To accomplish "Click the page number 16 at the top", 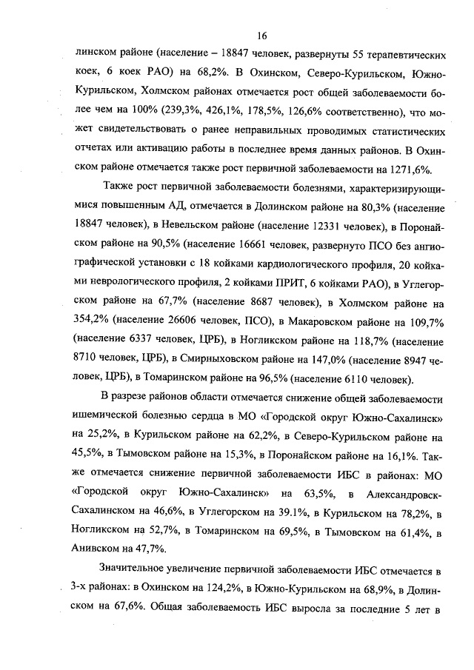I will [x=261, y=35].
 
